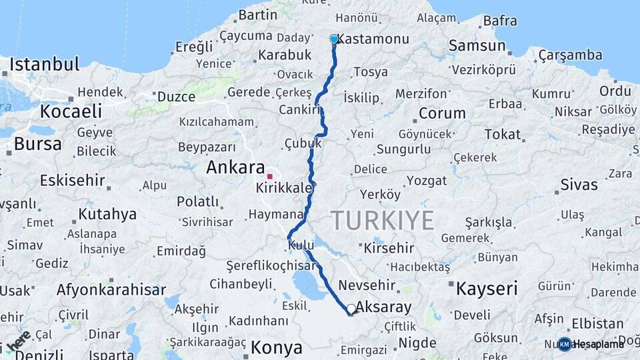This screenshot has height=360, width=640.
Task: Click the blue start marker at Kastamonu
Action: click(x=334, y=39)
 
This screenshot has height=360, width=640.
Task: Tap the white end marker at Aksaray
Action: click(x=351, y=309)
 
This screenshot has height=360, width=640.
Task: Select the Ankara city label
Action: click(x=235, y=167)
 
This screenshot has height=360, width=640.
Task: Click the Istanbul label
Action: click(x=45, y=65)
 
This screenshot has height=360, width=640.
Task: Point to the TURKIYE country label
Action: click(x=383, y=220)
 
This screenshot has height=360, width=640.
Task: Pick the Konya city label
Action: click(x=276, y=347)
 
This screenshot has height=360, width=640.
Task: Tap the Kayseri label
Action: click(x=487, y=289)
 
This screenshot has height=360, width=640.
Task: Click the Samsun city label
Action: click(x=477, y=45)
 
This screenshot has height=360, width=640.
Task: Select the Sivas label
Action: click(x=579, y=184)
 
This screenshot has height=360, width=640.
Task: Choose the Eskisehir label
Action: click(x=72, y=180)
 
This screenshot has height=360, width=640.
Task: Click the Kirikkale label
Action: click(x=284, y=189)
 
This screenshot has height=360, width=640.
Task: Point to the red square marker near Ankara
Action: click(x=270, y=177)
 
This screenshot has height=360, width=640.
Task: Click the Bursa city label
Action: click(x=37, y=143)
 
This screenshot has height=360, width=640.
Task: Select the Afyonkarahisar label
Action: click(x=111, y=290)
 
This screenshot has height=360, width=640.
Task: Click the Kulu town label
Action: click(x=301, y=246)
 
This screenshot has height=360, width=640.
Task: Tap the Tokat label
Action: click(x=503, y=134)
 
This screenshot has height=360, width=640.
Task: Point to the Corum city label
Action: click(x=442, y=113)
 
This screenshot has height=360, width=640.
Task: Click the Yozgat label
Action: click(x=427, y=181)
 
